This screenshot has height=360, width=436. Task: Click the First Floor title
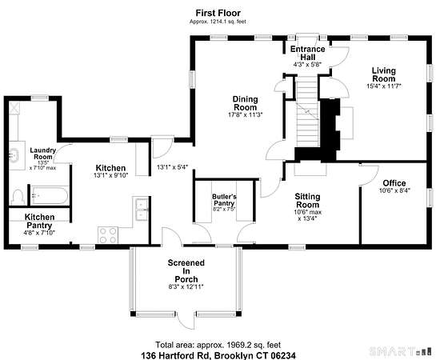tap(218, 13)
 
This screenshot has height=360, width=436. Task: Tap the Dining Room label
tap(246, 103)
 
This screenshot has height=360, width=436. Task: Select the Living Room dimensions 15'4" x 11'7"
tap(384, 86)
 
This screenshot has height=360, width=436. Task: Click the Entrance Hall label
tap(307, 53)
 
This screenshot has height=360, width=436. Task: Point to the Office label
tap(394, 183)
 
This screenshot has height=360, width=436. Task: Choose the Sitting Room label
tap(307, 201)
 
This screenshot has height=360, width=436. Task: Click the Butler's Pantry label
tap(224, 199)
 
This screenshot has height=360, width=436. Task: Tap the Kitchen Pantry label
tap(39, 221)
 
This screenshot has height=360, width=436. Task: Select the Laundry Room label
tap(43, 153)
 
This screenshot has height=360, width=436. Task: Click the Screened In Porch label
tap(186, 270)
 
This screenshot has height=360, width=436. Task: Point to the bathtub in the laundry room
tap(50, 195)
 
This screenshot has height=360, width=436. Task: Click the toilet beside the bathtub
tap(18, 197)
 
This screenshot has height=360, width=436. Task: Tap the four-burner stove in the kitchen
tap(108, 235)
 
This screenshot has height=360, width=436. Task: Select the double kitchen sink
tap(142, 209)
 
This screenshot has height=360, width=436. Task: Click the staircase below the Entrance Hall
tap(306, 114)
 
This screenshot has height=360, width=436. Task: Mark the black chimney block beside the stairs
tap(329, 130)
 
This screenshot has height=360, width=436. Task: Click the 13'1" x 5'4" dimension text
tap(173, 167)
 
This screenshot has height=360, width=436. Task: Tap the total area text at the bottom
tap(218, 345)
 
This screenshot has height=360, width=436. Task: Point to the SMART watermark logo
tap(402, 351)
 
